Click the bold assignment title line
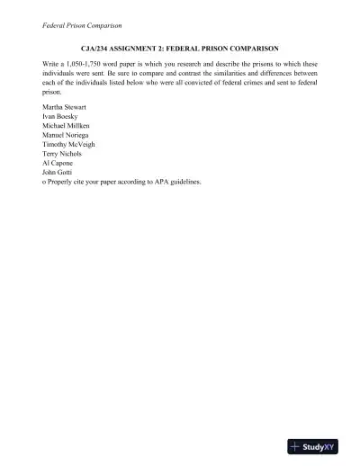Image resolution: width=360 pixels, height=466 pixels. tap(179, 47)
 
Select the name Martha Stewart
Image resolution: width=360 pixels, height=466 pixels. tap(66, 108)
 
